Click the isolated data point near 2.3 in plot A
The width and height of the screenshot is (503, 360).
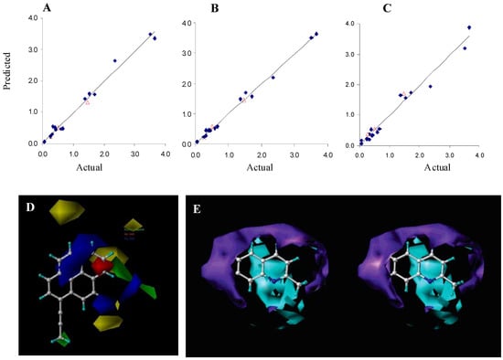click(x=114, y=60)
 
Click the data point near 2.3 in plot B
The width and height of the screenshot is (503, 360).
click(x=273, y=77)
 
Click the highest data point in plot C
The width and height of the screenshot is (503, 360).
click(x=469, y=27)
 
